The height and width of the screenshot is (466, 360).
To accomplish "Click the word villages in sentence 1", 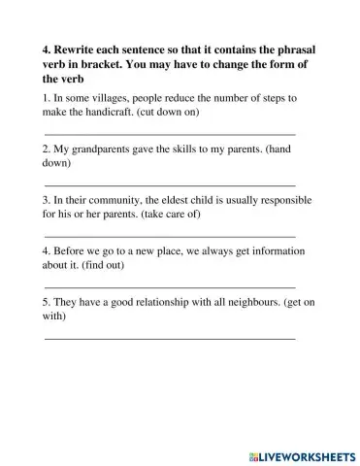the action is [x=101, y=99].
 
